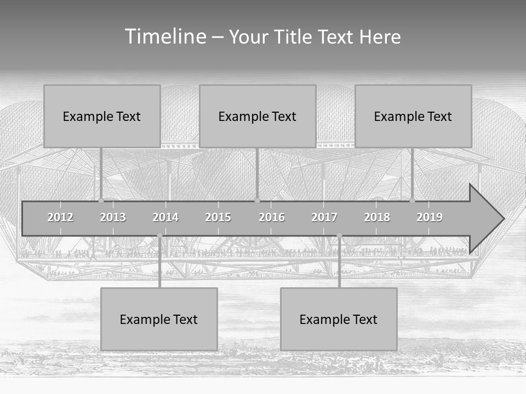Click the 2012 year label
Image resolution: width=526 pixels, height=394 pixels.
pyautogui.click(x=60, y=217)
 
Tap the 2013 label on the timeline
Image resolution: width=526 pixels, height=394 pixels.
pyautogui.click(x=113, y=217)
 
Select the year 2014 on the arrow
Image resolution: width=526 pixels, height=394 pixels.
pyautogui.click(x=165, y=217)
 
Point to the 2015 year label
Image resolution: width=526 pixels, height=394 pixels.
pyautogui.click(x=218, y=217)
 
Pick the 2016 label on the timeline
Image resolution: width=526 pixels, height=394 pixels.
pyautogui.click(x=272, y=217)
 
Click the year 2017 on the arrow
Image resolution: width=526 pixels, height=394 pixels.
pyautogui.click(x=324, y=217)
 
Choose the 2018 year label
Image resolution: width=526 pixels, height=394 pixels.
pyautogui.click(x=377, y=217)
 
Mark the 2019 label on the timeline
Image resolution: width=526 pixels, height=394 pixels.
pyautogui.click(x=430, y=217)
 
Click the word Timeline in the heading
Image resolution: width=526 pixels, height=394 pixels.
pyautogui.click(x=165, y=37)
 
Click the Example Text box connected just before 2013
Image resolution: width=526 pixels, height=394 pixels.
pyautogui.click(x=102, y=116)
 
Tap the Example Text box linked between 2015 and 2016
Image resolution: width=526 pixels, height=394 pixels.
pyautogui.click(x=258, y=116)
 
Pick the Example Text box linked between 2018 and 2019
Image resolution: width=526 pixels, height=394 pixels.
pyautogui.click(x=413, y=116)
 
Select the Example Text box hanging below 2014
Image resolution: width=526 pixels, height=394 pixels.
pyautogui.click(x=159, y=319)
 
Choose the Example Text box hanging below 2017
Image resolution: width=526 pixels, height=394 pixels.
pyautogui.click(x=339, y=319)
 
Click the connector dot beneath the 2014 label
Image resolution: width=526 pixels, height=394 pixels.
pyautogui.click(x=159, y=235)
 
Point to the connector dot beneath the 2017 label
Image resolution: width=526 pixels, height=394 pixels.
pyautogui.click(x=339, y=235)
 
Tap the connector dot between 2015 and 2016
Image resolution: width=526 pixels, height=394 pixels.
pyautogui.click(x=257, y=201)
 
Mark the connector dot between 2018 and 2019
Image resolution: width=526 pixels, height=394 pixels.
pyautogui.click(x=412, y=201)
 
